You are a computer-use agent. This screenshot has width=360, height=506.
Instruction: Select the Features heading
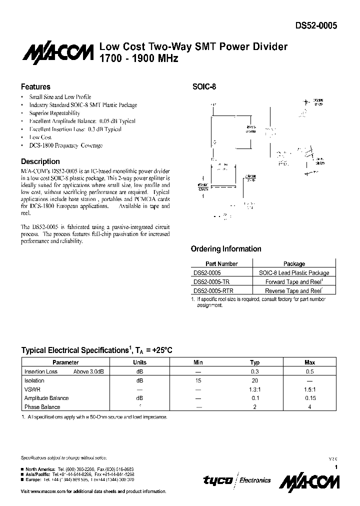pyautogui.click(x=35, y=86)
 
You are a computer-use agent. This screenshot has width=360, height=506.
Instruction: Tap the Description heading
pyautogui.click(x=40, y=161)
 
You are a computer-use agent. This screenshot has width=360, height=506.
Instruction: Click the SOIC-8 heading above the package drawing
pyautogui.click(x=204, y=86)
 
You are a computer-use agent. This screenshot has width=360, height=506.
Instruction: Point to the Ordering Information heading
pyautogui.click(x=226, y=249)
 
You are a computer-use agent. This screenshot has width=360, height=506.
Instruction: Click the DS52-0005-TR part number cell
pyautogui.click(x=211, y=281)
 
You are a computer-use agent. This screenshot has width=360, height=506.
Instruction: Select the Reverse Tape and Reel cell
pyautogui.click(x=293, y=290)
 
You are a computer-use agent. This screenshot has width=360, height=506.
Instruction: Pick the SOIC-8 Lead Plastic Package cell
pyautogui.click(x=294, y=273)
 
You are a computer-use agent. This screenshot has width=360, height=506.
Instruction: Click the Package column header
pyautogui.click(x=294, y=264)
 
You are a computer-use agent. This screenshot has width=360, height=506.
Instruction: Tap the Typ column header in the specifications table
pyautogui.click(x=255, y=362)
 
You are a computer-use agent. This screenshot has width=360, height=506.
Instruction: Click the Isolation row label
pyautogui.click(x=34, y=380)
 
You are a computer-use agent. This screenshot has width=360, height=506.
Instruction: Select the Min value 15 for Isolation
pyautogui.click(x=198, y=380)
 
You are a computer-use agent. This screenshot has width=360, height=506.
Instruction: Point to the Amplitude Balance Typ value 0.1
pyautogui.click(x=255, y=398)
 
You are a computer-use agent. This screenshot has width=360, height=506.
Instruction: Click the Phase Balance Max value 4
pyautogui.click(x=310, y=407)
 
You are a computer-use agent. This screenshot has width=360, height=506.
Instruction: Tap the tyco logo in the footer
pyautogui.click(x=217, y=480)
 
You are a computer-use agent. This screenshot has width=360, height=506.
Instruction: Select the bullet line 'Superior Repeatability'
pyautogui.click(x=54, y=113)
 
